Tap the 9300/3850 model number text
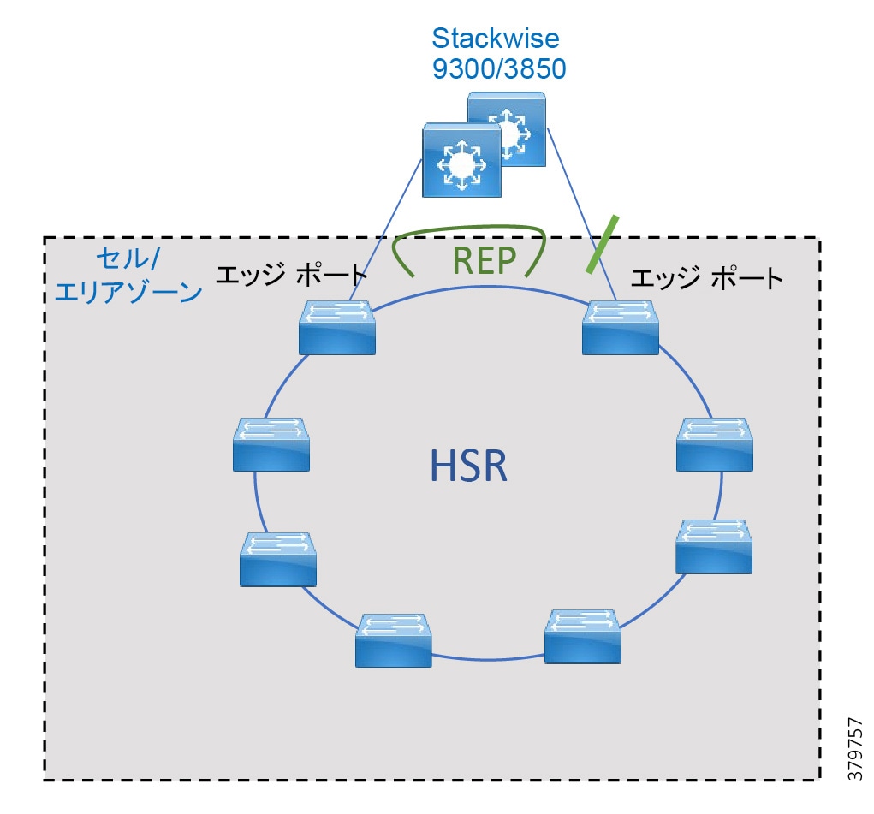(x=498, y=68)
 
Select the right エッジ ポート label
(x=707, y=277)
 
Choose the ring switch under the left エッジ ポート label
(x=337, y=327)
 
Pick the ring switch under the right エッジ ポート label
(x=620, y=327)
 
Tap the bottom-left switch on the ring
(x=394, y=640)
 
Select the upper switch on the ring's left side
(x=271, y=443)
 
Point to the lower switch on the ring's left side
(x=278, y=559)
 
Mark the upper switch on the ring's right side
(x=714, y=444)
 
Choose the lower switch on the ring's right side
(x=714, y=546)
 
